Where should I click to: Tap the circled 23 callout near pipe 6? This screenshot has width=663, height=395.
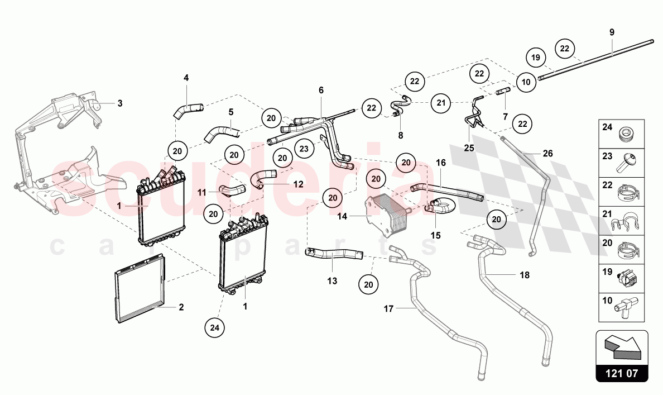tap(304, 149)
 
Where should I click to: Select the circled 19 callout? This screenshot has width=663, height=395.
tap(536, 57)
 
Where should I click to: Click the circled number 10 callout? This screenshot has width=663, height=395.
tap(525, 82)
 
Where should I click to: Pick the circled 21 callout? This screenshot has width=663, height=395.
tap(441, 103)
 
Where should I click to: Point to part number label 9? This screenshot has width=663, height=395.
tap(612, 32)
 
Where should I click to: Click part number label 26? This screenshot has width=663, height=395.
tap(547, 153)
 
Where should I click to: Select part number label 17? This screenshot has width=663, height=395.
tap(389, 308)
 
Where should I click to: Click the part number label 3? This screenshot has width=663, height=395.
tap(120, 103)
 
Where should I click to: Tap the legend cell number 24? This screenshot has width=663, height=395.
tap(607, 127)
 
